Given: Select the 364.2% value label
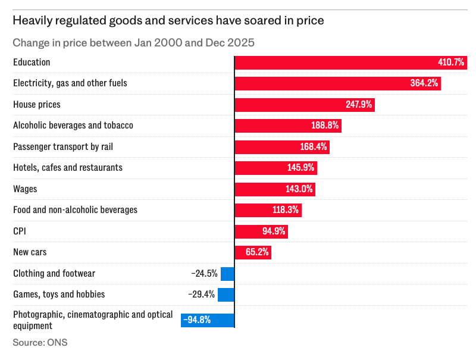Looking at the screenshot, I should coord(424,83).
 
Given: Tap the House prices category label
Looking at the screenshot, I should coord(37,105).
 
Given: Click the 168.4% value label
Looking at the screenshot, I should coord(314,147).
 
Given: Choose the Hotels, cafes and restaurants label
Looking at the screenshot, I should coord(68,168).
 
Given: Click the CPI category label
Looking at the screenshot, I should coord(20,231).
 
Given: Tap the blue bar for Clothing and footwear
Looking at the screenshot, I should coord(227,274).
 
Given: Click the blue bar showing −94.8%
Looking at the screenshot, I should coord(208,320).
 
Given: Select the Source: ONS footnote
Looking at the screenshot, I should coord(40,343).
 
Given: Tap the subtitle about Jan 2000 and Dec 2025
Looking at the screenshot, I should coord(134,43).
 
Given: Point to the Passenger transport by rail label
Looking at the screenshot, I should coord(63,147).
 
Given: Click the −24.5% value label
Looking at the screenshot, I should coord(204,274).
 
